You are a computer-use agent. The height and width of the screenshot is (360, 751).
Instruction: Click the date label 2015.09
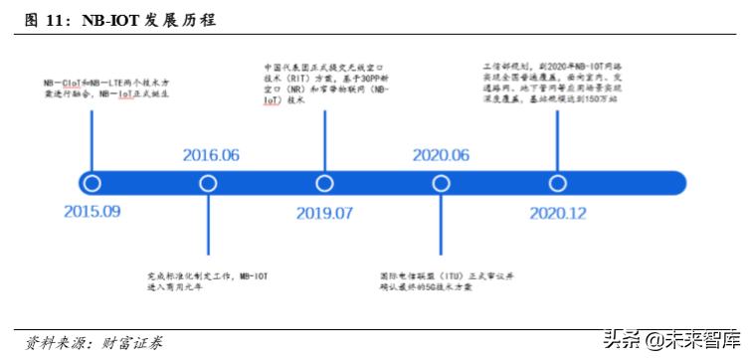coord(92,212)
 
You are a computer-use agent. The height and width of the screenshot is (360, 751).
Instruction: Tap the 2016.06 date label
coord(211,155)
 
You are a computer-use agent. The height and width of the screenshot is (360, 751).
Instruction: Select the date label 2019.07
coord(324,213)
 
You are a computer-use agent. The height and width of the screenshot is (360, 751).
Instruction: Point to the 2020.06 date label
coord(440,155)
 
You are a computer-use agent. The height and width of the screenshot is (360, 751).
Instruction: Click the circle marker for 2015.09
coord(93,183)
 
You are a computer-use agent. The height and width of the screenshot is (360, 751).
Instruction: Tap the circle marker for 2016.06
coord(208,183)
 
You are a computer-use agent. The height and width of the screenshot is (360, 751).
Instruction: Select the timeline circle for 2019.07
coord(324,183)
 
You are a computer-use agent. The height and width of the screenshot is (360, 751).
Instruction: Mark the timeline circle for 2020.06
coord(440,183)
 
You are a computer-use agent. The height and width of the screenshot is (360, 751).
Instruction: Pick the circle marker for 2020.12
coord(556,183)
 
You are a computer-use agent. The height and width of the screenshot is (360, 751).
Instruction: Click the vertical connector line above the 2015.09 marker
coord(93,139)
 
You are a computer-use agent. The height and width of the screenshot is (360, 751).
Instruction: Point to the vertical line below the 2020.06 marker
coord(440,228)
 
